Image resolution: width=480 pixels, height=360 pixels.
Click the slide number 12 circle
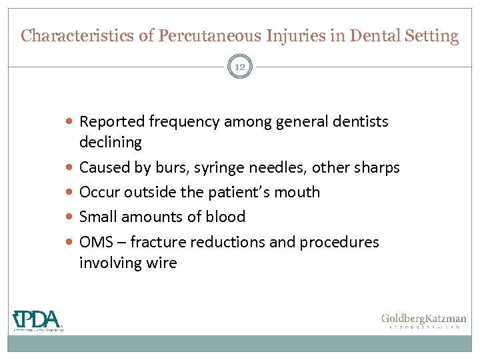(240, 66)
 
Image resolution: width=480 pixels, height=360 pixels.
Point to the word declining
(111, 142)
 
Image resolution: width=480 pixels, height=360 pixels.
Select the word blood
(226, 217)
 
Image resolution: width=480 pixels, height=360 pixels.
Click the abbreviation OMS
(95, 242)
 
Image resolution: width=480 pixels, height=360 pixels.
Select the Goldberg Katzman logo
(423, 321)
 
